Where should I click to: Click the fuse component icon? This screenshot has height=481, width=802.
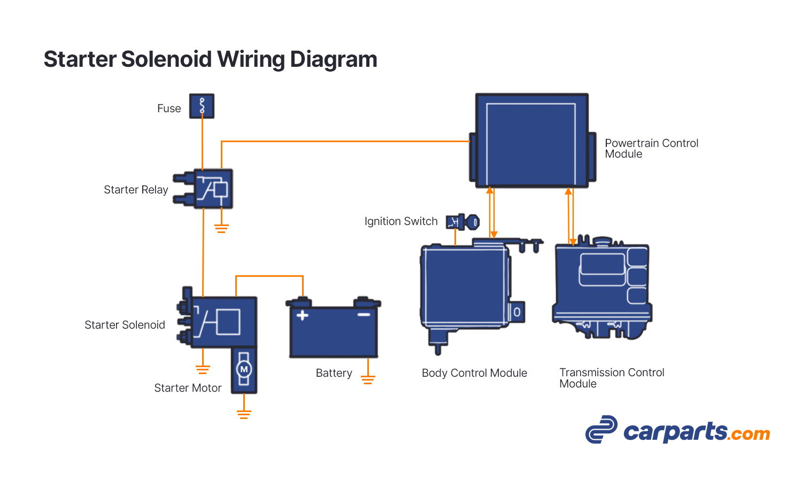coord(202,106)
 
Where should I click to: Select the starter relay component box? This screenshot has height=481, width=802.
coord(213,189)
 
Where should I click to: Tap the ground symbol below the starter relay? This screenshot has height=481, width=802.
coord(221,229)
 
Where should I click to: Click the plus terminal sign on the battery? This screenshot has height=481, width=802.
coord(303,315)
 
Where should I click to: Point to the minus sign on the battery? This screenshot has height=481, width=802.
coord(364,315)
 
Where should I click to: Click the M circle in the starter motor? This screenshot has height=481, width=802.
coord(244,369)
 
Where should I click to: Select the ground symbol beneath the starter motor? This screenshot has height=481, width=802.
coord(244,414)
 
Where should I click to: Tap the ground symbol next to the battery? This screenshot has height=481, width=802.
coord(368,379)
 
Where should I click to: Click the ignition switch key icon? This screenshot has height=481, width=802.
coord(463,222)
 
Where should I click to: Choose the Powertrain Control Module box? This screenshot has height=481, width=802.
coord(531,141)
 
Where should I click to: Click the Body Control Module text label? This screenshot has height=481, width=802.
coord(474,373)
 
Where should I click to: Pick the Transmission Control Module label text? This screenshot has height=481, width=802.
coord(611,378)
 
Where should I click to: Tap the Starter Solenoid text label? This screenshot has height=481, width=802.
coord(125,325)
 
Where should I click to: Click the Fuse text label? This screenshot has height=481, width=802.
coord(169,108)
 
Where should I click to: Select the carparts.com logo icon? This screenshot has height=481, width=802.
coord(601,430)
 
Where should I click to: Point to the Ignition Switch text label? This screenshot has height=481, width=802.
coord(400,221)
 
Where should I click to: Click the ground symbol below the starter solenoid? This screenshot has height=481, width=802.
coord(203,369)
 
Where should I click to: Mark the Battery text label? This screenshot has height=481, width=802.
coord(334,373)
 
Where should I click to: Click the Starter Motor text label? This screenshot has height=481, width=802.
coord(188,388)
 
